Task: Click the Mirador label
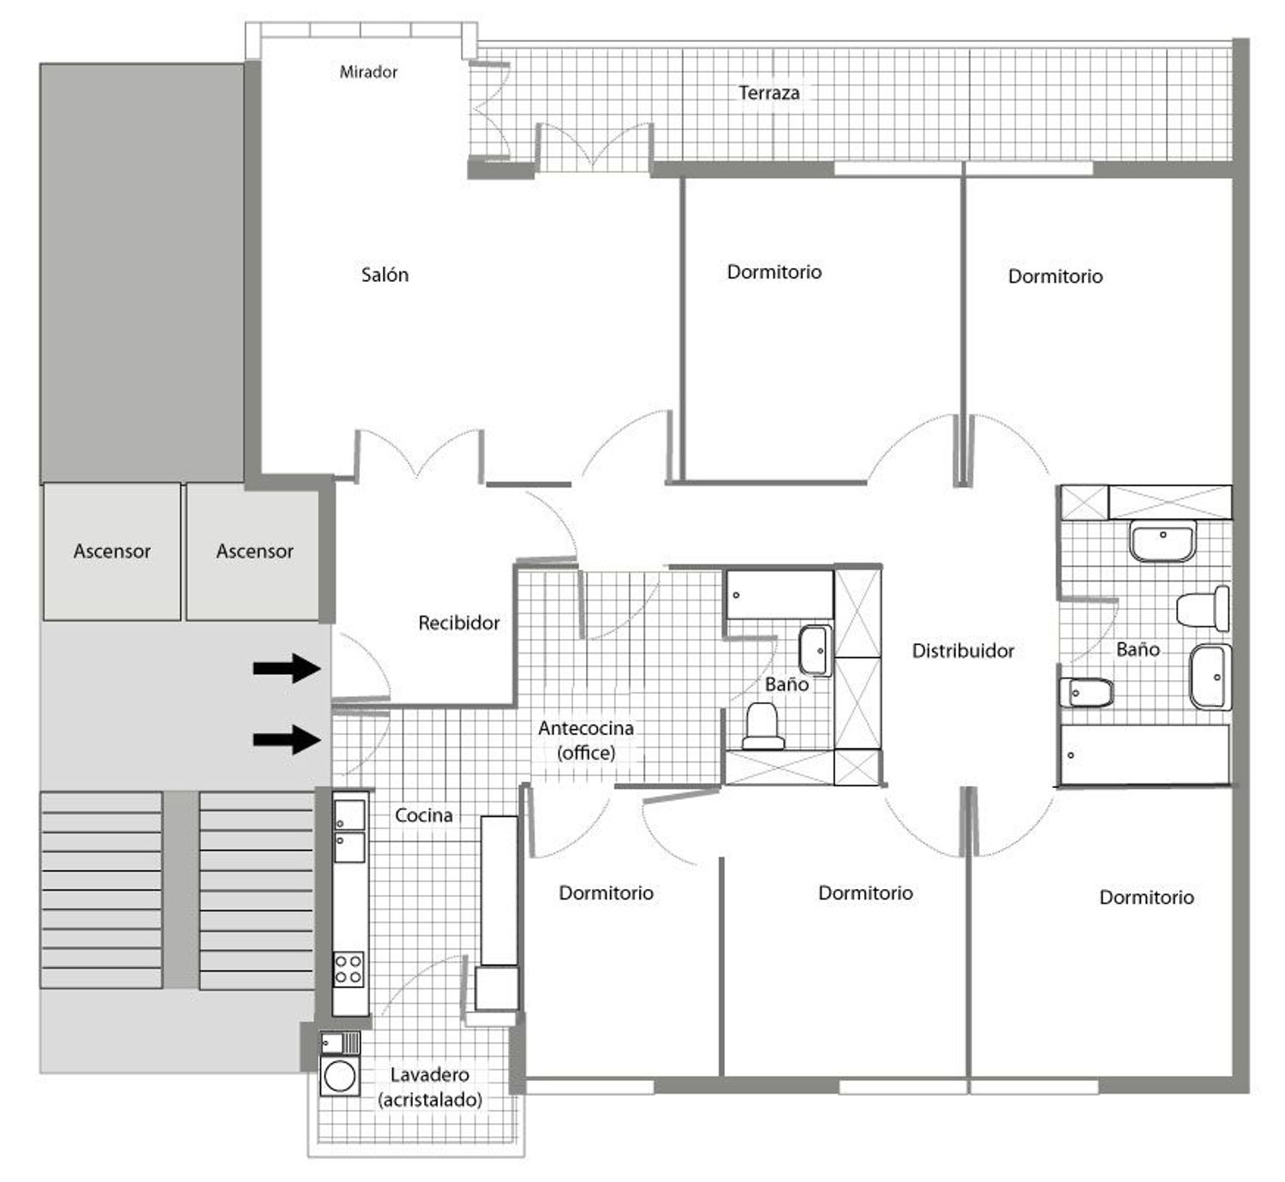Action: tap(368, 72)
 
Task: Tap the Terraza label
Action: tap(768, 93)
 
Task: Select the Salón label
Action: tap(385, 275)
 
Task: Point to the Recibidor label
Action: tap(458, 623)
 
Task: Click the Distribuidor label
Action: tap(963, 651)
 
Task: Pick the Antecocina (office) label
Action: tap(586, 740)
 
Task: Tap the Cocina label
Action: tap(423, 815)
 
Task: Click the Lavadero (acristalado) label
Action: tap(430, 1087)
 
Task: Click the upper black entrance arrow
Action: tap(287, 668)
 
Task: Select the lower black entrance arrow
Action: tap(287, 740)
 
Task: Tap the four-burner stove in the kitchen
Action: tap(350, 970)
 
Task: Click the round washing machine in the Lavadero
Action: tap(339, 1077)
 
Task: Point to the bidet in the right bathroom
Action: tap(1086, 693)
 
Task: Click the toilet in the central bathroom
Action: tap(763, 725)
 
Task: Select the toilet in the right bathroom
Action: tap(1203, 608)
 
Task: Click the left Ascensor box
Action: tap(112, 552)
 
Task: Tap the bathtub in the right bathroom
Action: tap(1145, 755)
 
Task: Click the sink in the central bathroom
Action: tap(816, 650)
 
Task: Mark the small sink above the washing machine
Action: tap(340, 1043)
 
